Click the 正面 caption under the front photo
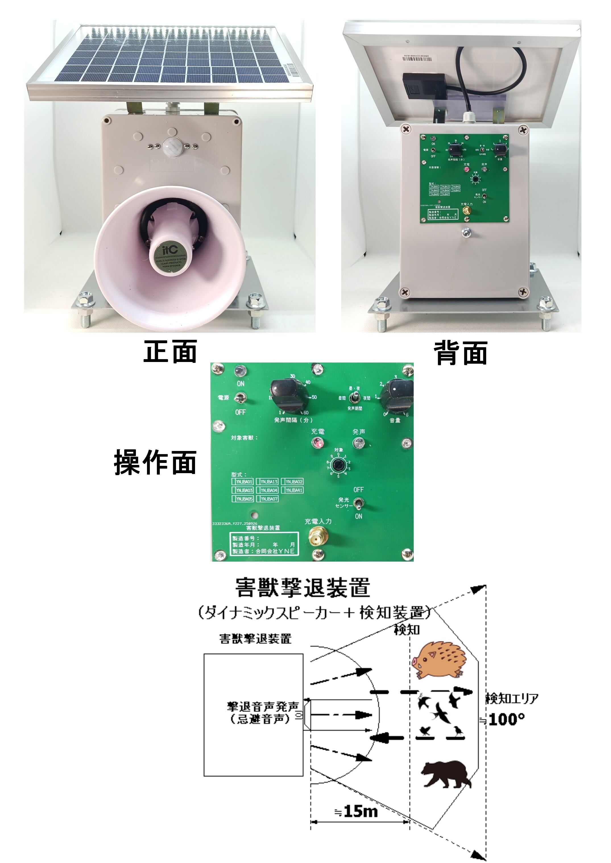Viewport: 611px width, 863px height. click(170, 351)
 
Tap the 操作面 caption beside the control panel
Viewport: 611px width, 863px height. click(155, 462)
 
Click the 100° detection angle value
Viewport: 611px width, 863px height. click(506, 719)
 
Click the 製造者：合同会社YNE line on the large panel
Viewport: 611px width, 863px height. click(263, 552)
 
